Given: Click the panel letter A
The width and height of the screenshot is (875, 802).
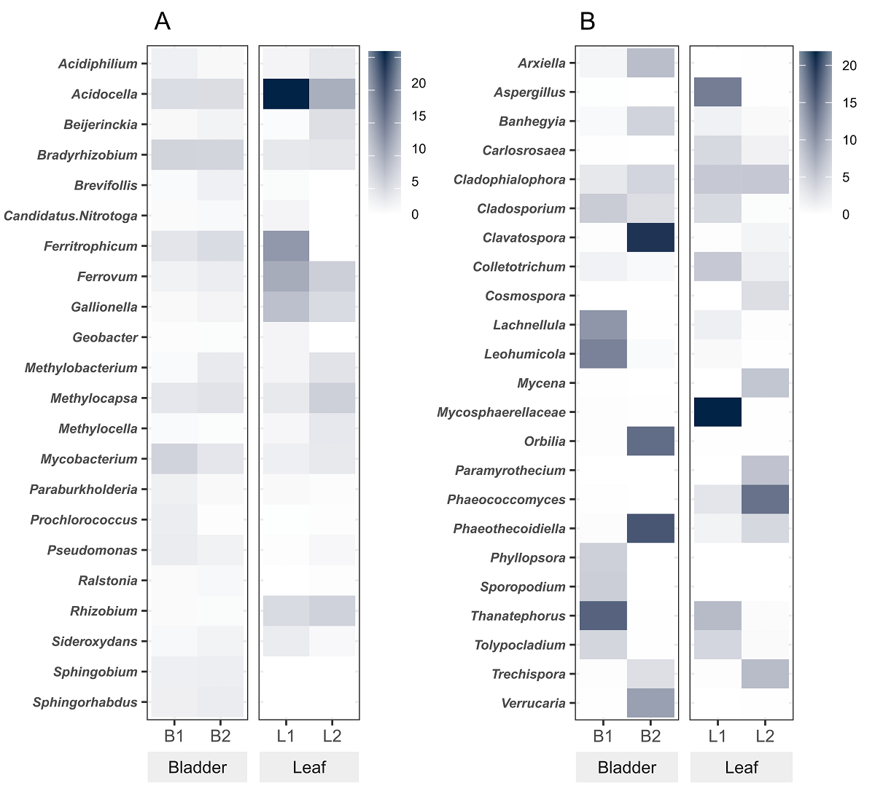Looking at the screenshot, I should pyautogui.click(x=162, y=22).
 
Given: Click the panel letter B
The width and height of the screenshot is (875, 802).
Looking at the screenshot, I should pyautogui.click(x=588, y=22).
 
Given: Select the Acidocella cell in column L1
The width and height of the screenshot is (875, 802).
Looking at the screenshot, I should pyautogui.click(x=286, y=94).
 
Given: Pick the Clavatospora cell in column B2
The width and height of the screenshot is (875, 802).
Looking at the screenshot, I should pyautogui.click(x=650, y=237).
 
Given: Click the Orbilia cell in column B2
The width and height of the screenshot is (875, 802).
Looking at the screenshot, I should pyautogui.click(x=650, y=441).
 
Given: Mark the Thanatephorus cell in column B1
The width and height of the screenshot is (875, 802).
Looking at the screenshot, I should pyautogui.click(x=602, y=616).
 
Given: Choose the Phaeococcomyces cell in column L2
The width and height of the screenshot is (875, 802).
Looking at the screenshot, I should pyautogui.click(x=765, y=500).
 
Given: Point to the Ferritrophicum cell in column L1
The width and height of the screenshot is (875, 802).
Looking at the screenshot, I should pyautogui.click(x=286, y=246).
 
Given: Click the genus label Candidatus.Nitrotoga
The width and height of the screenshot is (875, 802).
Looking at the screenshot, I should pyautogui.click(x=71, y=216).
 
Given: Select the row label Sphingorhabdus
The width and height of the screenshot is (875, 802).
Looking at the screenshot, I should pyautogui.click(x=85, y=702).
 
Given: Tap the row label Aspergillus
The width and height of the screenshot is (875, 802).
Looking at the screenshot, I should pyautogui.click(x=530, y=93).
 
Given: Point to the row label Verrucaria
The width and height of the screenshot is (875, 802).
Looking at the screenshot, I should pyautogui.click(x=534, y=703).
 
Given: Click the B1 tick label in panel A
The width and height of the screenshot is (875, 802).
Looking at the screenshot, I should pyautogui.click(x=174, y=736).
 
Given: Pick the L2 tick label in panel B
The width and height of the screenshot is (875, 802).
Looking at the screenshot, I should pyautogui.click(x=765, y=736).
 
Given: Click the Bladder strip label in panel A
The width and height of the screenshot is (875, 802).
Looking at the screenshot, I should pyautogui.click(x=198, y=767).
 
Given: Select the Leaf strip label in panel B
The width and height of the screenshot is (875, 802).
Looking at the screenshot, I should pyautogui.click(x=742, y=767).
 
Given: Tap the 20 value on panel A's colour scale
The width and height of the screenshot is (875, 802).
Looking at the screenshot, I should pyautogui.click(x=419, y=83).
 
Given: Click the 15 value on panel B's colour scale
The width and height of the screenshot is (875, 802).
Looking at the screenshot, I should pyautogui.click(x=849, y=103).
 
